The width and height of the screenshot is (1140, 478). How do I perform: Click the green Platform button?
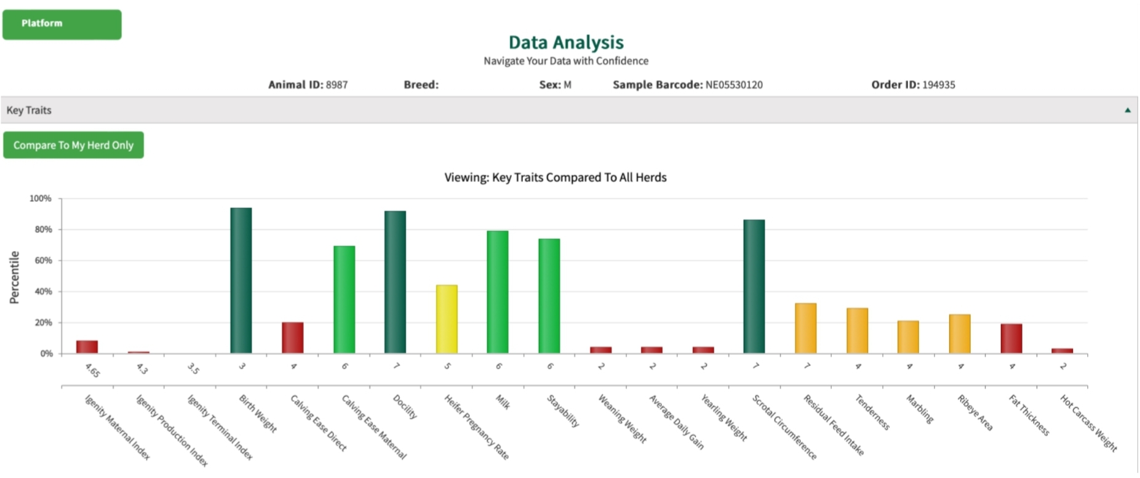(62, 25)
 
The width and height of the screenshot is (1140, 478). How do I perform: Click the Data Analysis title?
(565, 42)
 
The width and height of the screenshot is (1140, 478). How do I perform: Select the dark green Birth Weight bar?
(241, 281)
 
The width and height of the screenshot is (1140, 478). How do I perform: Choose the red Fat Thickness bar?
(1011, 338)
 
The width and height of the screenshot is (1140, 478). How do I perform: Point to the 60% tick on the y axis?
(43, 261)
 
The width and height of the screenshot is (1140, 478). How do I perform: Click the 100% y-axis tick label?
(41, 199)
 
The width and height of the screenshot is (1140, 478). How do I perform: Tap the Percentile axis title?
(14, 277)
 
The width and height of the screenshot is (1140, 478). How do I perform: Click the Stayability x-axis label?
(563, 411)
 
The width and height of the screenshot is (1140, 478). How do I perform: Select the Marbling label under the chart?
(919, 408)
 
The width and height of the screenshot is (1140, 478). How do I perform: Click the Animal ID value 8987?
(337, 85)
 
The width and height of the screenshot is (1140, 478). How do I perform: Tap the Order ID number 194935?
(938, 85)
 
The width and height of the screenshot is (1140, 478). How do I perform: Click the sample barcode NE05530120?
(733, 85)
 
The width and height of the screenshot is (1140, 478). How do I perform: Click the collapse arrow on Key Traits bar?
(1128, 110)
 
